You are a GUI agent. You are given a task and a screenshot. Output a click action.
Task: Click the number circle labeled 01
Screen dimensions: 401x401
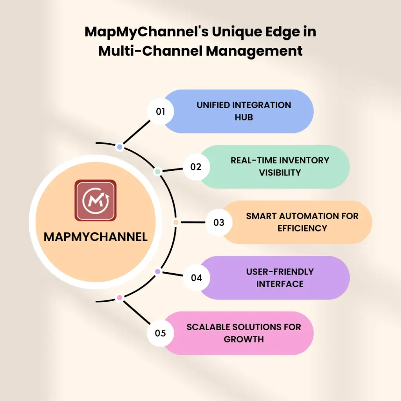[161, 111]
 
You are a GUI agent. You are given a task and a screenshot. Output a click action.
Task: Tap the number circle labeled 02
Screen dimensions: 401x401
[196, 167]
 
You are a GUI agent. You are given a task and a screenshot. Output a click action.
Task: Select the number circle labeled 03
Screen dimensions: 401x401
[219, 222]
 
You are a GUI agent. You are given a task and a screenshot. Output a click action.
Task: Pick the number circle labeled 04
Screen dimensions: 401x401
[196, 278]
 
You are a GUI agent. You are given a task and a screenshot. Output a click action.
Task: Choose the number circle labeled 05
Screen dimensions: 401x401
[161, 333]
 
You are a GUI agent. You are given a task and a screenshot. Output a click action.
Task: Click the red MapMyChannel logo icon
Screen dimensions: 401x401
[96, 200]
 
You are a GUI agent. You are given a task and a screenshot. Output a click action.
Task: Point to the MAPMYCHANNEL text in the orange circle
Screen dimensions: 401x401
[96, 237]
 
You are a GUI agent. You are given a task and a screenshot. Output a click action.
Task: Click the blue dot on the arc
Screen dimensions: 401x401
[120, 147]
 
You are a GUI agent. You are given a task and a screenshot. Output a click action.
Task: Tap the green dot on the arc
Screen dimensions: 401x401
[157, 172]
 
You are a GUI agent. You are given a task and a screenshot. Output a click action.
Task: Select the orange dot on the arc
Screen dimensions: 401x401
[176, 222]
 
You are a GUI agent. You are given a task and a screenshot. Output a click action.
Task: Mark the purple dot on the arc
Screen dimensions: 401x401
[157, 271]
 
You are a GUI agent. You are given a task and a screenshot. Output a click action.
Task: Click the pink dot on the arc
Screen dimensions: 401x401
[120, 298]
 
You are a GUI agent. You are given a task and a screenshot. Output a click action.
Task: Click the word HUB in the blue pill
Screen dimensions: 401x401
[244, 117]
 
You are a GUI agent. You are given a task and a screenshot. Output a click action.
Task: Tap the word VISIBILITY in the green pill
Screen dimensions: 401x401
[280, 172]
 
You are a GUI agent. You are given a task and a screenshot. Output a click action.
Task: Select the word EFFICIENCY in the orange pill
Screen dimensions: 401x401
[302, 228]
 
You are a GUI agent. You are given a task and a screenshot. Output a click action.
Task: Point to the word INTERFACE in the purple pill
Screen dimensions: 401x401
[280, 284]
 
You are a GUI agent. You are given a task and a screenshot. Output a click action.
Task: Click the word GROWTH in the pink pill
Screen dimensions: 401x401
[244, 339]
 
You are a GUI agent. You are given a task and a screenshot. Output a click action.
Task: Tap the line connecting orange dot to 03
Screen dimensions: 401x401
[193, 222]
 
